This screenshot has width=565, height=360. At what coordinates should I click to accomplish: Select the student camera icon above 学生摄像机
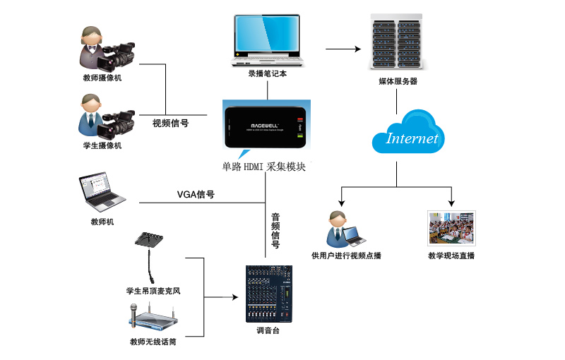107,116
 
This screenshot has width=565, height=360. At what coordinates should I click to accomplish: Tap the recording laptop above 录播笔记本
267,39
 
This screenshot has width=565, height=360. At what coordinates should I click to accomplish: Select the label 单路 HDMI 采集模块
264,168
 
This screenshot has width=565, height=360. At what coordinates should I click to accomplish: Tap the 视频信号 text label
170,123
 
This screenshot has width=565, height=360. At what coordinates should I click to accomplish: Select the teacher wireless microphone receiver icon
153,318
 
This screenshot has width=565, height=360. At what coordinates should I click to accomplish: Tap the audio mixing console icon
268,294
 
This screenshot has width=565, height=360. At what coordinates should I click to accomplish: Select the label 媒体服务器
398,82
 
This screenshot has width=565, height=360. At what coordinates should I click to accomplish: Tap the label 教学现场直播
451,256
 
